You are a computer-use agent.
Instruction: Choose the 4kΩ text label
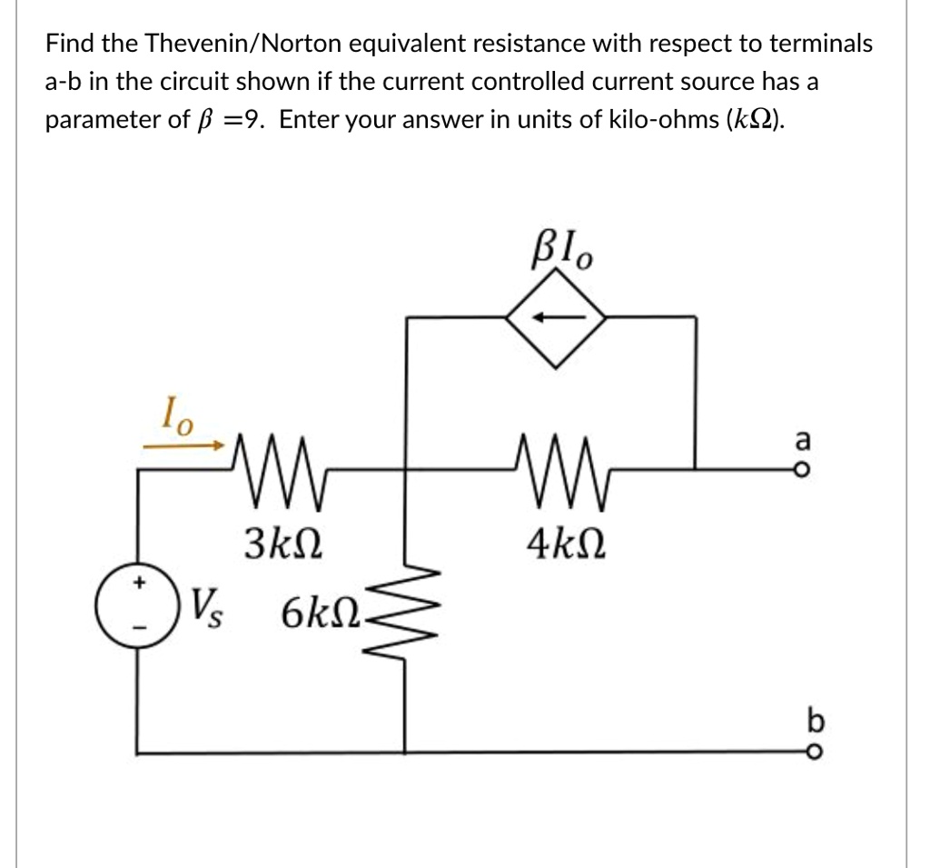[557, 546]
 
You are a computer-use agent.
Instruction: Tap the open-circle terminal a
[799, 469]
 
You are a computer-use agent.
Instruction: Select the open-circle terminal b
[799, 752]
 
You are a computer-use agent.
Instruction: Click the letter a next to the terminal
[800, 439]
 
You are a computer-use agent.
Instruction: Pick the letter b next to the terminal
[800, 722]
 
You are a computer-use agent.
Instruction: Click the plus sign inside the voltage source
[139, 586]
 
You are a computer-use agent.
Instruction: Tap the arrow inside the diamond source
[555, 318]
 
